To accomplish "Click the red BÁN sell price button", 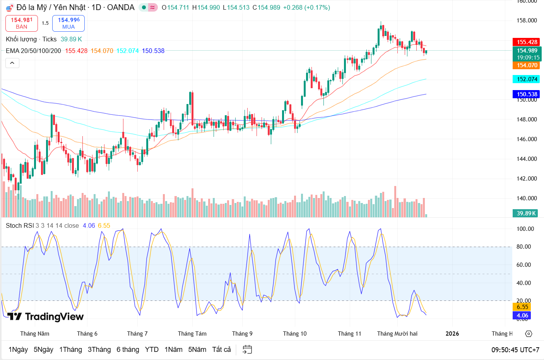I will point(22,23).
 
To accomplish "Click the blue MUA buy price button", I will point(68,23).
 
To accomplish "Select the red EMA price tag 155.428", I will point(527,42).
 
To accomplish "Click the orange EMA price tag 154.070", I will point(527,65).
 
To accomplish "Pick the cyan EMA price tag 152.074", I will point(527,79).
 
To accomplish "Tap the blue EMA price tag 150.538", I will point(527,94).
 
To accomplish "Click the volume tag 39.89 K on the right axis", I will point(526,213).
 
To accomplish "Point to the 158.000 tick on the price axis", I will point(527,20).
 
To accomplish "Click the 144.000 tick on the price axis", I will point(527,159).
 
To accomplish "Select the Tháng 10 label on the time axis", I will point(294,334).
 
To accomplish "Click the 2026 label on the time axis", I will point(452,334).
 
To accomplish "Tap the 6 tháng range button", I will point(128,350).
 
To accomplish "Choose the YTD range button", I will point(152,350).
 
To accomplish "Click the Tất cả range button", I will point(221,350).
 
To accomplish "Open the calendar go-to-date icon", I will point(247,350).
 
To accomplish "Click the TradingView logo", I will point(46,317).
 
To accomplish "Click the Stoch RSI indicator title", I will point(20,225).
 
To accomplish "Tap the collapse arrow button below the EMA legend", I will point(12,63).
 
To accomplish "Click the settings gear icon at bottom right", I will point(529,334).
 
